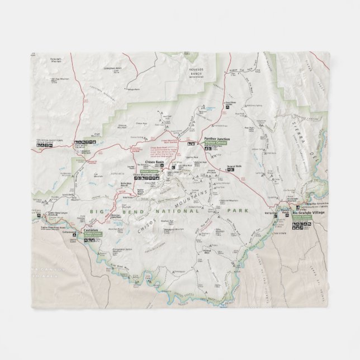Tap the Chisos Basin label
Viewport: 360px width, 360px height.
click(x=154, y=162)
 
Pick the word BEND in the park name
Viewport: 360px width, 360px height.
click(x=119, y=211)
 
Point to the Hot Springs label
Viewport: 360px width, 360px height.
click(x=271, y=213)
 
